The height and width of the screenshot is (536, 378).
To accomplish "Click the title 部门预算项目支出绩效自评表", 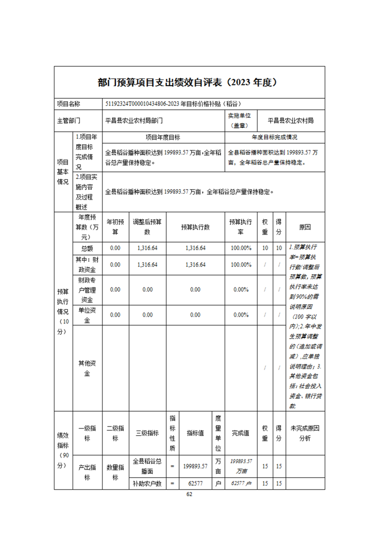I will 189,82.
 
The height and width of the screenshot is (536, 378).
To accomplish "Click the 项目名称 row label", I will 69,104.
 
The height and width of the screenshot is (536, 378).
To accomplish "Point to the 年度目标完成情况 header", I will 275,137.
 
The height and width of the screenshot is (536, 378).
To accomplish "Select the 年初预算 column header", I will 115,227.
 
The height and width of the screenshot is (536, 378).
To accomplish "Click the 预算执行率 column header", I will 241,227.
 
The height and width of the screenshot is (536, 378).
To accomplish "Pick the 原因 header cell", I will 305,227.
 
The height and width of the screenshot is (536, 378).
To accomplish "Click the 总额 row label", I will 87,248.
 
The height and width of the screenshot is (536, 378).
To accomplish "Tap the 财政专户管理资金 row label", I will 87,289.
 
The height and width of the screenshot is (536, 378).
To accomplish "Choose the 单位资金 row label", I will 87,315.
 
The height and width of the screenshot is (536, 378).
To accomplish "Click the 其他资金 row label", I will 87,368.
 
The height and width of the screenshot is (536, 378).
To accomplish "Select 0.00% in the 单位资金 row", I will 241,315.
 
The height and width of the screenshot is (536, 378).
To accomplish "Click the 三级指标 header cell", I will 147,433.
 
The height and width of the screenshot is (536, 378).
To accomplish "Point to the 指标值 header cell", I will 195,433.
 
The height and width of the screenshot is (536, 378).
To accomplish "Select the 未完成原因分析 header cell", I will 305,433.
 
